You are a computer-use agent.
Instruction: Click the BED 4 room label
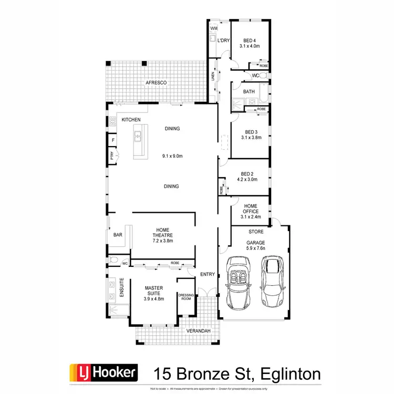249,40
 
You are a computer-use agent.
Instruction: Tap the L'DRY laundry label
223,40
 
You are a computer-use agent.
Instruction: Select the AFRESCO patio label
156,83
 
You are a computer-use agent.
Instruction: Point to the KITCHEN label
131,120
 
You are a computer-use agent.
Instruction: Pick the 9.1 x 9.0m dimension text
172,155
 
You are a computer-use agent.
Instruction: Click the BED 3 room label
250,132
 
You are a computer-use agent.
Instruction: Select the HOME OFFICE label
250,209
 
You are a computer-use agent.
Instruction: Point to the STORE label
256,231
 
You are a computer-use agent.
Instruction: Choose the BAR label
117,235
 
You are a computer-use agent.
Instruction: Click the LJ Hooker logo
103,373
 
